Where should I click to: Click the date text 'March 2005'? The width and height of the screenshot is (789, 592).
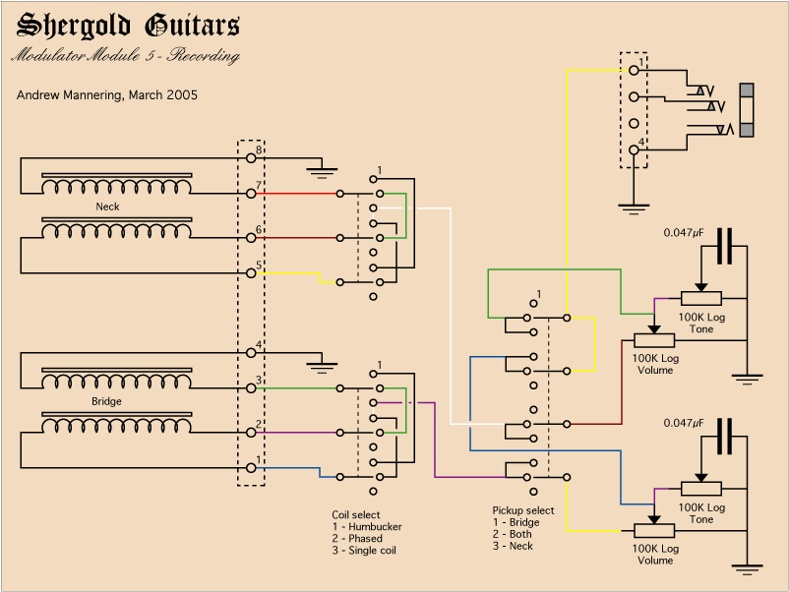click(163, 95)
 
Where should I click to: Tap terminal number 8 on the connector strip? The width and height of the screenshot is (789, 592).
click(251, 157)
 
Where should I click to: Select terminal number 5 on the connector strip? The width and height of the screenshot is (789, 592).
click(251, 272)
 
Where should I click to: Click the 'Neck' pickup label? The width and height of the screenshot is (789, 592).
click(107, 207)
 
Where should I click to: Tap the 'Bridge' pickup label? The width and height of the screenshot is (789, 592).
click(106, 402)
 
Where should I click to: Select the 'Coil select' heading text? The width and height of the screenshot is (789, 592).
click(355, 514)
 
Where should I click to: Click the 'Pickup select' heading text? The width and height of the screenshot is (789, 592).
click(522, 510)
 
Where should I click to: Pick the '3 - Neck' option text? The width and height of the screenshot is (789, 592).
click(514, 546)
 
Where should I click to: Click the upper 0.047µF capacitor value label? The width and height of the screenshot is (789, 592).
click(684, 233)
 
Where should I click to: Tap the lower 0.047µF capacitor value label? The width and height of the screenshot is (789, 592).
click(684, 423)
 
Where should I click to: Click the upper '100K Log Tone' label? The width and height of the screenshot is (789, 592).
click(701, 323)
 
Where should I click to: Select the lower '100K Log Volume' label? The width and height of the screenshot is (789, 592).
click(655, 554)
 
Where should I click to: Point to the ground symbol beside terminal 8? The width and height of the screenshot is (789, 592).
click(321, 172)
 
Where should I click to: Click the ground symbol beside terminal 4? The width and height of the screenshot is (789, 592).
click(321, 366)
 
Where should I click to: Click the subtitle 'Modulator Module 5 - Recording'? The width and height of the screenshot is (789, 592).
click(125, 56)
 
